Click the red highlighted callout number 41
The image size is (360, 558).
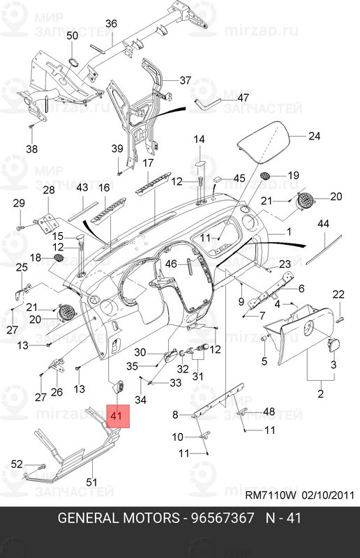pos(116,416)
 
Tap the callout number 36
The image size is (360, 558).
pos(111,24)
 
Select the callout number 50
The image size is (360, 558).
pos(73,36)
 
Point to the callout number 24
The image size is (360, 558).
pos(314,136)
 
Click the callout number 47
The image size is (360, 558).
pos(243,97)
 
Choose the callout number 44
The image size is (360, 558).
pos(323,223)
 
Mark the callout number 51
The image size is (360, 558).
pos(91,482)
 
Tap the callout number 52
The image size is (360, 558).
pos(17,464)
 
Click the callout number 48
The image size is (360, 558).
pos(269,412)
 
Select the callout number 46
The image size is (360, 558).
pos(171,264)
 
